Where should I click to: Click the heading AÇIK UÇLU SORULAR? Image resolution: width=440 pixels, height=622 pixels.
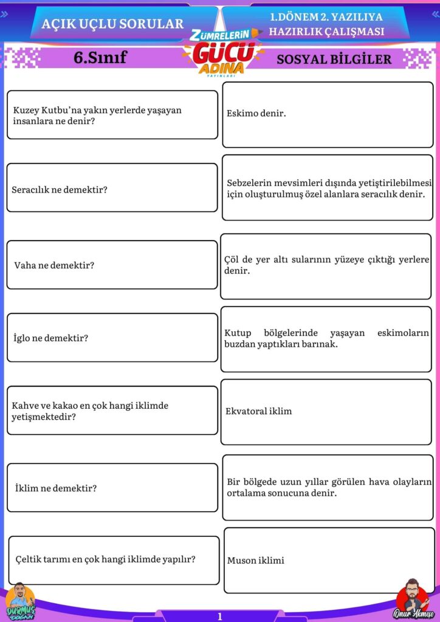112,24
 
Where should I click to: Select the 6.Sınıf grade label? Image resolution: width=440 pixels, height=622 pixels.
100,58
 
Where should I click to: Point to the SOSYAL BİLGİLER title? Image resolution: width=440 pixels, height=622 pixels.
334,60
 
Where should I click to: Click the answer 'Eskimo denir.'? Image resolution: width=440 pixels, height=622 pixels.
256,114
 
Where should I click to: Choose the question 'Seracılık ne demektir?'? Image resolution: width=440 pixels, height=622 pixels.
60,190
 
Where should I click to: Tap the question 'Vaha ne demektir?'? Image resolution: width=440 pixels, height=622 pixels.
54,265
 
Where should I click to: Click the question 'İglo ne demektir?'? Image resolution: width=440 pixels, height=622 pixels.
51,338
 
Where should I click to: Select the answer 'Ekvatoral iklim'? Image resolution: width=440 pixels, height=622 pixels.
258,411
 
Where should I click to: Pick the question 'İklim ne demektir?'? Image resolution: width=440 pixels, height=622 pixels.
56,488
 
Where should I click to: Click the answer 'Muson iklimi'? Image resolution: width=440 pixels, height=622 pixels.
255,561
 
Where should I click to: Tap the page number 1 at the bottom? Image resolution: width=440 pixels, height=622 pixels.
220,616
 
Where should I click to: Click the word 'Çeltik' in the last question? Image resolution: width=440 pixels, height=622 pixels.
28,560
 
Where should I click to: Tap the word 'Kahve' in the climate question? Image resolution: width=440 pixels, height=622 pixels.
25,405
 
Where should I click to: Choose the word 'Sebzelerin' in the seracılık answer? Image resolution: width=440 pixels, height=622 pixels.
250,183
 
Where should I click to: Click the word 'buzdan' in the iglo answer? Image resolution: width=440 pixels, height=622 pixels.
239,344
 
